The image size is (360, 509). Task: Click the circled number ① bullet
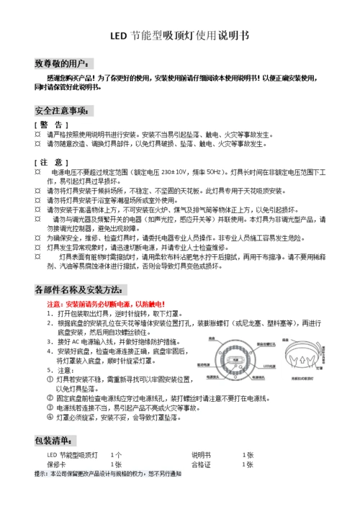pos(50,378)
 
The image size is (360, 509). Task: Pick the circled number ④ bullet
pos(50,416)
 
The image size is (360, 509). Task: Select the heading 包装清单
pos(55,440)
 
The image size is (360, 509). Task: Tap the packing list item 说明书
pos(201,456)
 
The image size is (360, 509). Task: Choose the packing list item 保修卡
pos(57,465)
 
